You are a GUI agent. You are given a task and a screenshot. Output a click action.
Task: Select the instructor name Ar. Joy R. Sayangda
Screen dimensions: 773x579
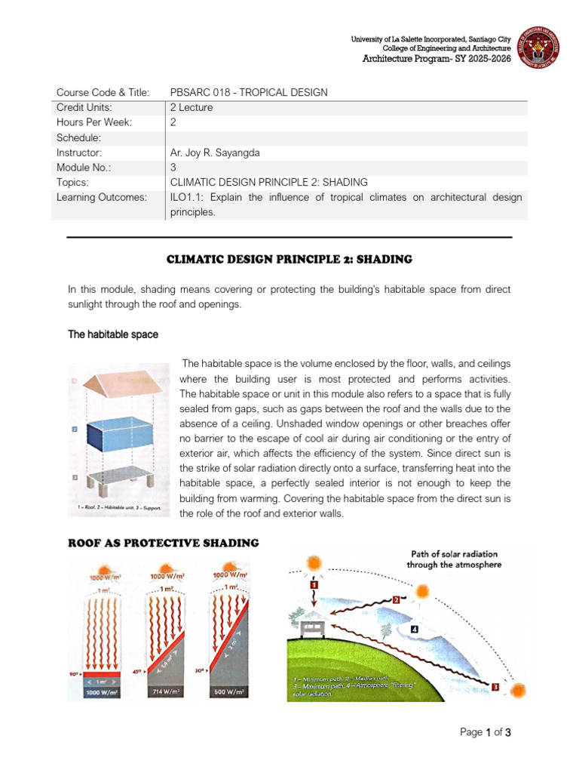point(215,152)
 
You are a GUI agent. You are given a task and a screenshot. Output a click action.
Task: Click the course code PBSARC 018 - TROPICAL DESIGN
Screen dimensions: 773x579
point(249,92)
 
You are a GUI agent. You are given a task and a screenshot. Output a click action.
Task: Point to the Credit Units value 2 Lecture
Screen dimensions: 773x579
point(191,107)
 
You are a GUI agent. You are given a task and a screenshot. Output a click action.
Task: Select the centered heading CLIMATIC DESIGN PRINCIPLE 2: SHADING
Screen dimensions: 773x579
point(289,259)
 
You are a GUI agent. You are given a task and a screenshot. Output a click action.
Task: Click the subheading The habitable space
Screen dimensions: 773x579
point(113,334)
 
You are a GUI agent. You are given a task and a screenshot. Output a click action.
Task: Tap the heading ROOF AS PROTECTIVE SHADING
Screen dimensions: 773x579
point(164,543)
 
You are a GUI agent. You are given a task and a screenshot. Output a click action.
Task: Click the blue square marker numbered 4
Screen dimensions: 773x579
point(415,628)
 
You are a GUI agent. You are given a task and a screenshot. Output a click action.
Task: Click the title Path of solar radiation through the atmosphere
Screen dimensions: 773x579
point(453,559)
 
